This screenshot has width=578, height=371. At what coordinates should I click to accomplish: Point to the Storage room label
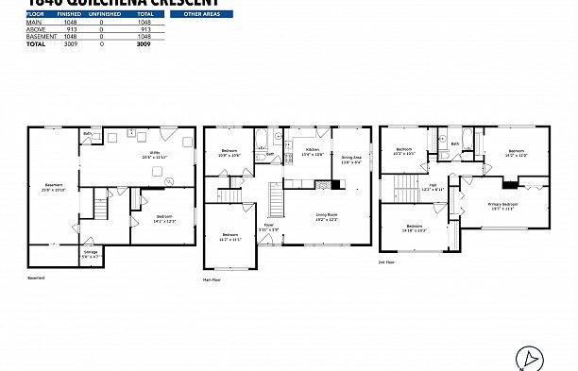coord(90,254)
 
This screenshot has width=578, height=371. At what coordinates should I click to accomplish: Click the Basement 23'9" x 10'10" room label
coord(54,187)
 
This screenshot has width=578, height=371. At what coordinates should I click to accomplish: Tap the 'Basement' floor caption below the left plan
coord(36,278)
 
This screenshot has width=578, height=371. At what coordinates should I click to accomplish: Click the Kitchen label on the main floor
coord(312,153)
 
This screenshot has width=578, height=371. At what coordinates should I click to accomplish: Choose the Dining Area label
coord(351,160)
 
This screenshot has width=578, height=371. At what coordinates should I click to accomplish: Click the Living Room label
coord(327,218)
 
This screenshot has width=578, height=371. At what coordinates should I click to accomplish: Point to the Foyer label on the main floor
coord(268,226)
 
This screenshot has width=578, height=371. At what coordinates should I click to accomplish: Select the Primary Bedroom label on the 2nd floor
coord(502,207)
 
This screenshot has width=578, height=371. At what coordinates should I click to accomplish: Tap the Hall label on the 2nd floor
coord(433,187)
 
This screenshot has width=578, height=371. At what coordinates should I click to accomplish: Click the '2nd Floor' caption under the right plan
coord(387,261)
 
